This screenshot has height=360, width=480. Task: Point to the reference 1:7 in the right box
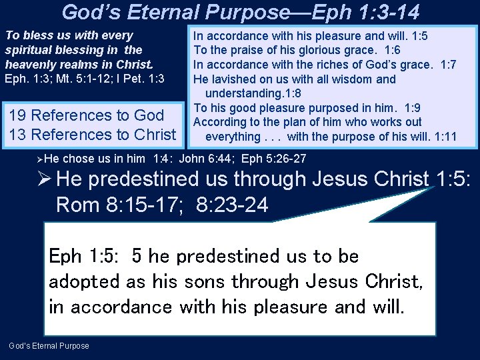tap(444, 65)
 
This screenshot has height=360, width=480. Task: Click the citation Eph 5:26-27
tap(274, 159)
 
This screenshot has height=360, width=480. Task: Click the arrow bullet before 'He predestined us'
tap(45, 179)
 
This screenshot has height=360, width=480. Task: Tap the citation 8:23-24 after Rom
tap(233, 205)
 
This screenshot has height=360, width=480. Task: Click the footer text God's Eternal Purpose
tap(49, 345)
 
